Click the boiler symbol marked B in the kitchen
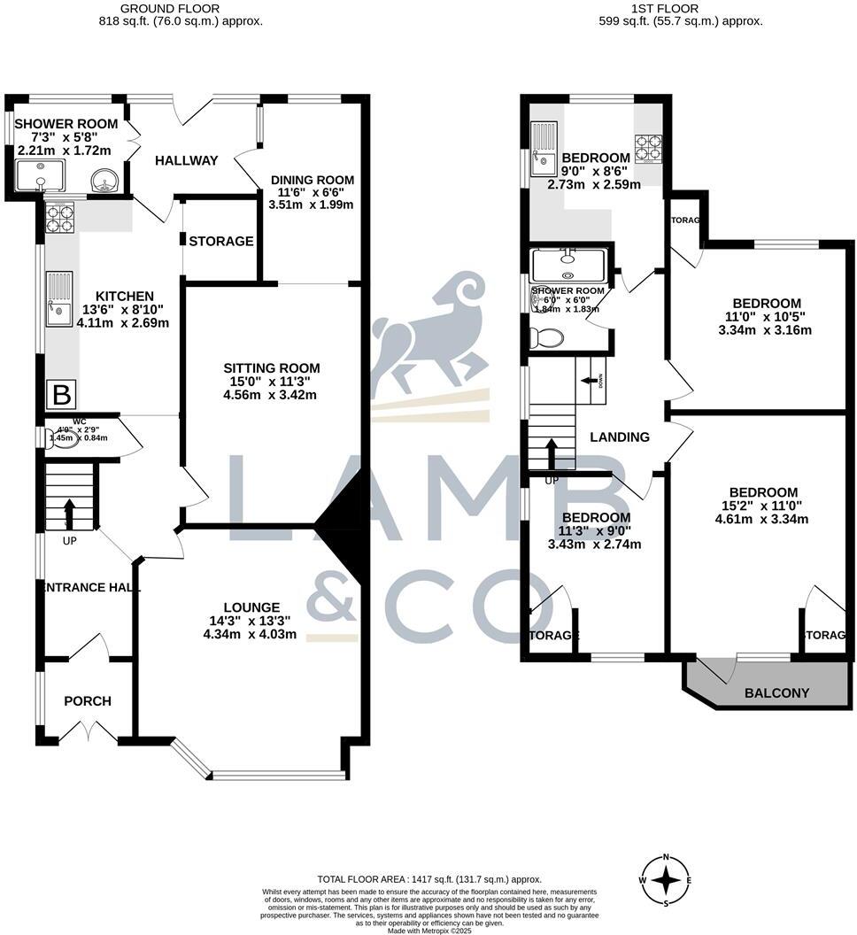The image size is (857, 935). (x=63, y=392)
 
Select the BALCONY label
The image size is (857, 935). (x=776, y=692)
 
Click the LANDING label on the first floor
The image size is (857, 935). (x=620, y=437)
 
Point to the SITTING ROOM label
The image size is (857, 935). (x=271, y=368)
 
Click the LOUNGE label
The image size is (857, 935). (x=251, y=607)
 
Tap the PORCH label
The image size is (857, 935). (x=88, y=701)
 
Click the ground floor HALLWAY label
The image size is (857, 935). (x=186, y=160)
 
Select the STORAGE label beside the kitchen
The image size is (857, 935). (x=221, y=241)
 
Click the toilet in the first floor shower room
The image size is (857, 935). (x=545, y=336)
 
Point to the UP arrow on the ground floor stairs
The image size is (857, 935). (x=69, y=514)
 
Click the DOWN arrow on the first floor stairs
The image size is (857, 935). (x=590, y=381)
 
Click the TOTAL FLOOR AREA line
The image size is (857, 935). (x=428, y=879)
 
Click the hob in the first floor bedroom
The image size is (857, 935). (x=649, y=148)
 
